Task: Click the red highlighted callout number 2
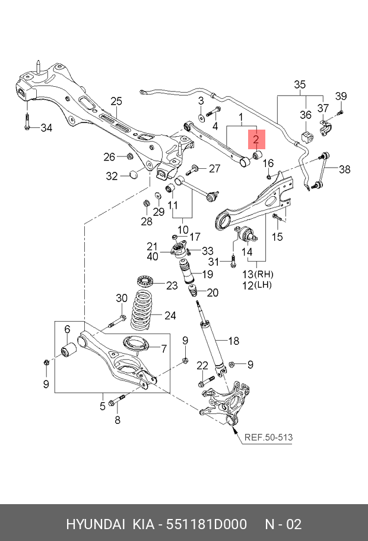(256, 140)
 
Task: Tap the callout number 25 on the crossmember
(116, 101)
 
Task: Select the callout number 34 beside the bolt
(46, 127)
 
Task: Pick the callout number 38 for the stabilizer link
(345, 169)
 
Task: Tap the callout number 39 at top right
(341, 97)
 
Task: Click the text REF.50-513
(268, 438)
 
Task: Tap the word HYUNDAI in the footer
(95, 524)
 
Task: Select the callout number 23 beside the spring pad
(172, 286)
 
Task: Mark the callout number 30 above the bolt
(122, 298)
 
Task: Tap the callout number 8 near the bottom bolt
(117, 420)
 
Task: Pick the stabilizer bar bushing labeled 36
(306, 138)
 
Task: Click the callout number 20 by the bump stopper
(212, 292)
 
